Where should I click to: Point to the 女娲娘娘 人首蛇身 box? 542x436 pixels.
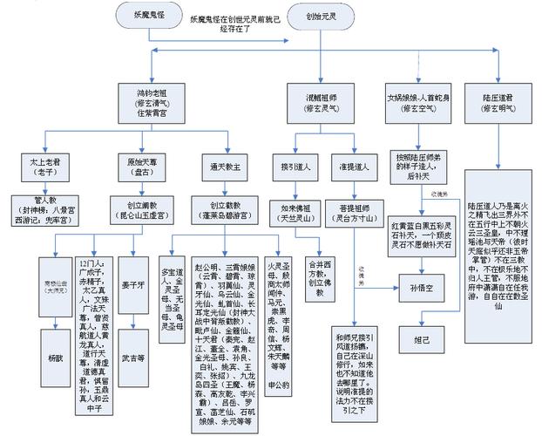point(416,98)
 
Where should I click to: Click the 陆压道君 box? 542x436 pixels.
point(498,98)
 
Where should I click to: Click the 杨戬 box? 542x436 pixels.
point(56,333)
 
